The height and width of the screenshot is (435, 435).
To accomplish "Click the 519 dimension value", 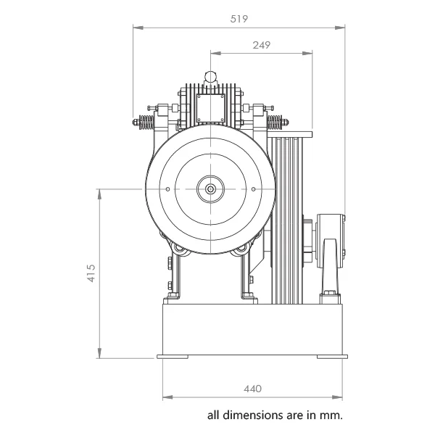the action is point(239,19).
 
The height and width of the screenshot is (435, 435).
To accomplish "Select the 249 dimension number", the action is point(261,45).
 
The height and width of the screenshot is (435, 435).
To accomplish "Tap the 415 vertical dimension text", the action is point(91,273).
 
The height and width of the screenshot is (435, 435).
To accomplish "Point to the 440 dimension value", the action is point(252,389).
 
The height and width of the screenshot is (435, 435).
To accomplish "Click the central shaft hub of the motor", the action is point(210,189).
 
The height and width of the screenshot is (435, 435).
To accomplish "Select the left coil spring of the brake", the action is point(146,123).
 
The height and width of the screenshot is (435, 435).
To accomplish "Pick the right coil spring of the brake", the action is point(275,123).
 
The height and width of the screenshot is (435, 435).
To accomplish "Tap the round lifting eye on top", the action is point(210,76).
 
